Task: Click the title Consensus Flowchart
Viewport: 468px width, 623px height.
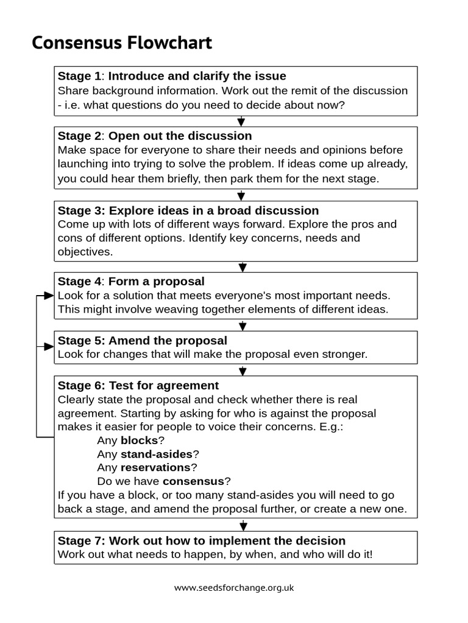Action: click(122, 43)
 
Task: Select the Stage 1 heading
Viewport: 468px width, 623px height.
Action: click(172, 76)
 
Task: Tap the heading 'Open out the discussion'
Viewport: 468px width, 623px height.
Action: click(180, 136)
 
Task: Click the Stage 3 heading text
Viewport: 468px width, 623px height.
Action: click(188, 211)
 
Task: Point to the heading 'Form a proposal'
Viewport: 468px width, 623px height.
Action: click(156, 281)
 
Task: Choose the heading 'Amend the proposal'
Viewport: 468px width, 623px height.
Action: click(168, 340)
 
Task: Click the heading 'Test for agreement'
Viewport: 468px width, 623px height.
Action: click(163, 386)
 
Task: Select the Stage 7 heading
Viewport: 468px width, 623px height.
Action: click(202, 540)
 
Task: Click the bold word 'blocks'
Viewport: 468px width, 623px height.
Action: click(139, 440)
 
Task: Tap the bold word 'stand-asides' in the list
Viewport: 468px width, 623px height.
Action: click(157, 454)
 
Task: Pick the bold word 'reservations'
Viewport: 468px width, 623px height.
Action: click(155, 467)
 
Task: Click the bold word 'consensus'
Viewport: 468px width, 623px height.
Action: click(194, 481)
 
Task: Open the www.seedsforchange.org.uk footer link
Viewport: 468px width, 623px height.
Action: click(234, 588)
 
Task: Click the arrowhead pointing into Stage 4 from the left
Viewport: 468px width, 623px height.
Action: click(49, 296)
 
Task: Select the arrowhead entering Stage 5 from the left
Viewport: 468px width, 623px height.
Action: click(49, 347)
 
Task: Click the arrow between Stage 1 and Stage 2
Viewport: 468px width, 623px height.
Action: click(241, 122)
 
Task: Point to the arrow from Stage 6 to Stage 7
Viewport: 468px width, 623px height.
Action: click(243, 525)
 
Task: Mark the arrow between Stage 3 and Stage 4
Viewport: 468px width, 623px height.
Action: click(243, 267)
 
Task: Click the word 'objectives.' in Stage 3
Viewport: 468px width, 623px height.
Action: click(85, 251)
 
